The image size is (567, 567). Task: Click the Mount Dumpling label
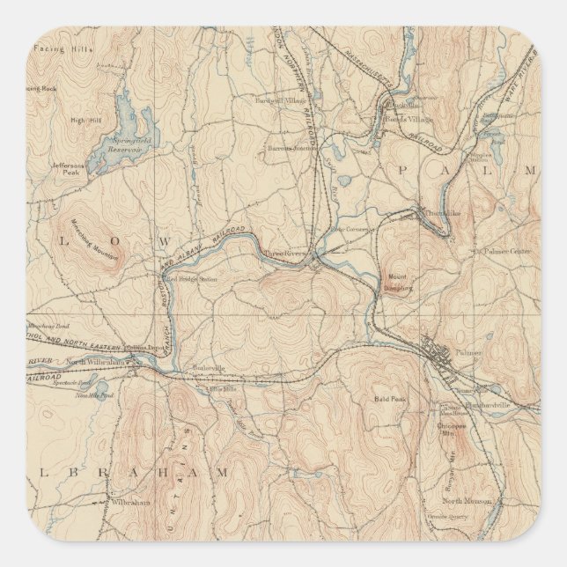click(x=398, y=283)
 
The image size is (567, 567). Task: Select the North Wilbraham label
click(x=91, y=362)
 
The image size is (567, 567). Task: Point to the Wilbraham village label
click(x=128, y=501)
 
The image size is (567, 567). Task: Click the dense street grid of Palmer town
click(x=440, y=352)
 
